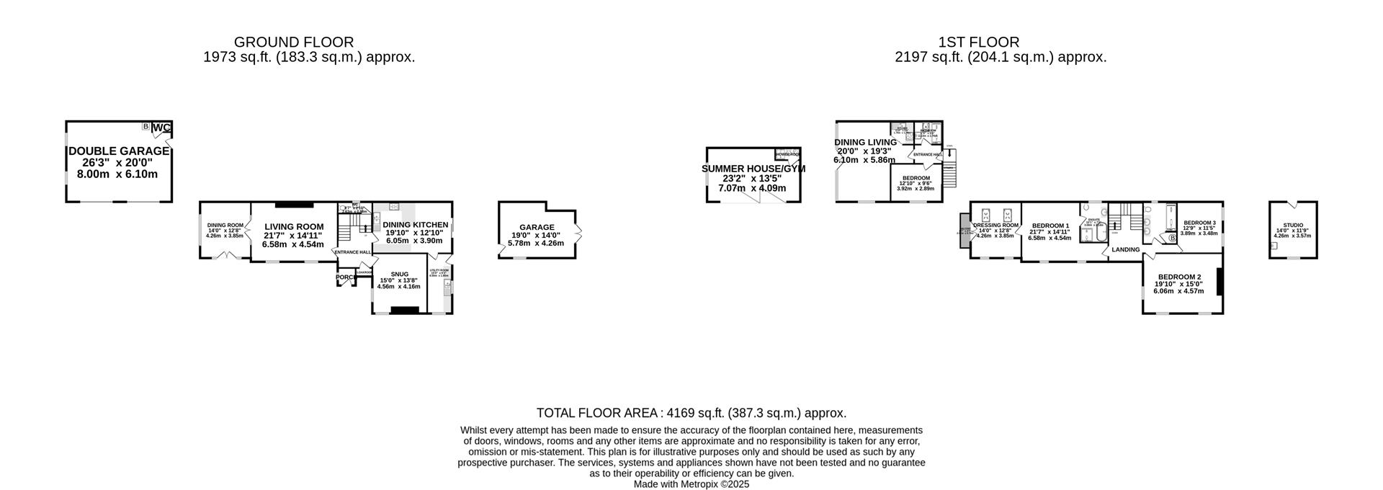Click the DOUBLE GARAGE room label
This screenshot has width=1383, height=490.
[119, 151]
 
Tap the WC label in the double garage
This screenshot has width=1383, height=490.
[162, 128]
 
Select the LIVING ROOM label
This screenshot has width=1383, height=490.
[294, 226]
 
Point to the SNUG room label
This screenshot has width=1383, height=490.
[399, 274]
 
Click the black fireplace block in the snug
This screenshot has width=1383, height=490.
[404, 311]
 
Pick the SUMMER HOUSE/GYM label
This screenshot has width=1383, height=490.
[753, 169]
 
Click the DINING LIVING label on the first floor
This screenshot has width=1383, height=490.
[865, 142]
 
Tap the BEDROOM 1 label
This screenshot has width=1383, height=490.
[1049, 226]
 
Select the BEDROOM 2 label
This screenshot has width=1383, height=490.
[1179, 277]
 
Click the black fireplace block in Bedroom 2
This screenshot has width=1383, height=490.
[1219, 282]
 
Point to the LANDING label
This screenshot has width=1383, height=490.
[1126, 250]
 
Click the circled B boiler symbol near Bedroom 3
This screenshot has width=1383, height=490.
[1172, 238]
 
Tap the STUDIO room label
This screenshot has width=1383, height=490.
[1293, 226]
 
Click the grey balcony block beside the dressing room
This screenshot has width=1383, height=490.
[964, 231]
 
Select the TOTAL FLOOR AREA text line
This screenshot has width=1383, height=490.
[691, 413]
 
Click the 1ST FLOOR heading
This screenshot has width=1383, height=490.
[978, 43]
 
